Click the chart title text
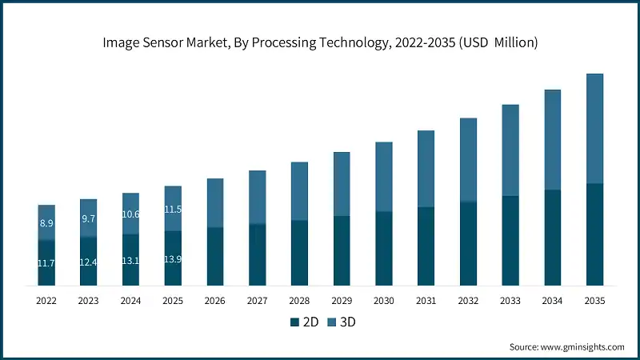(x=320, y=42)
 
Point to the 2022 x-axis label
(x=46, y=301)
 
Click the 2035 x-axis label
(x=594, y=301)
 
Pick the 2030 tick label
(x=384, y=301)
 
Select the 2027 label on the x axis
(x=257, y=301)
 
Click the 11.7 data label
(x=46, y=262)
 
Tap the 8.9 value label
(x=46, y=223)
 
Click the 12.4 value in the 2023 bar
(x=89, y=262)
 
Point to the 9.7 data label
(x=89, y=218)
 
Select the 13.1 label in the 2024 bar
(x=130, y=261)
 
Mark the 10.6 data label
(x=130, y=214)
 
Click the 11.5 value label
(x=173, y=210)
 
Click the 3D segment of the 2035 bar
(x=594, y=128)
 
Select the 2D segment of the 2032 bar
(x=468, y=243)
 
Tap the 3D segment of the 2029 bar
(x=342, y=184)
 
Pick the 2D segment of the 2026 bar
(x=215, y=256)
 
